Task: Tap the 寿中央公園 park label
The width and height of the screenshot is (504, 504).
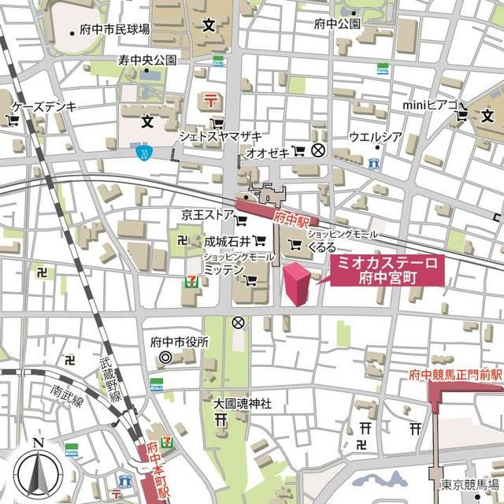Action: coord(147,60)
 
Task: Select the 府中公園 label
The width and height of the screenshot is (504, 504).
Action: coord(337,24)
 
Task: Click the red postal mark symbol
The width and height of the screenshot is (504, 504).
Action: coord(211,100)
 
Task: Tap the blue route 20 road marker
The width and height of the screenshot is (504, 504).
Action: coord(142,150)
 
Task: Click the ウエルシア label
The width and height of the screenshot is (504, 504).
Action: coord(376,136)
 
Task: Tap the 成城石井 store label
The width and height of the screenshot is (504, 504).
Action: coord(227,241)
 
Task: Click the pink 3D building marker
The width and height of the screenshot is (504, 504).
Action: coord(296,284)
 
